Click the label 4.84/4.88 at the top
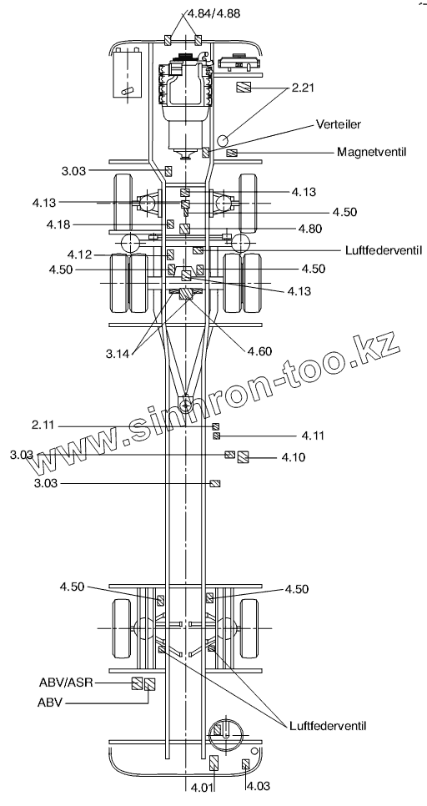tap(211, 13)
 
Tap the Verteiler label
tap(339, 124)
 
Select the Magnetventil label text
tap(372, 152)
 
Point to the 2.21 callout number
tap(303, 88)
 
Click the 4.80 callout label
tap(310, 229)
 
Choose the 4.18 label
tap(58, 224)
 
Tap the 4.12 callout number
tap(79, 254)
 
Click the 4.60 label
tap(259, 351)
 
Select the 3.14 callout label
tap(118, 353)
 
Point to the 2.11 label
tap(43, 425)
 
